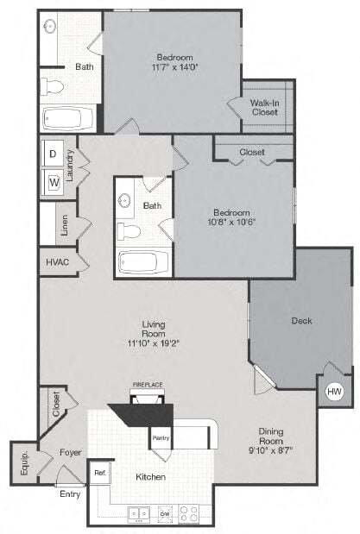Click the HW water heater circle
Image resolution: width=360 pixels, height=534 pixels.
333,392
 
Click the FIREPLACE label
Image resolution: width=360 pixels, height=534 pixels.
147,385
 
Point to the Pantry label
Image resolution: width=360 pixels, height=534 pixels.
160,438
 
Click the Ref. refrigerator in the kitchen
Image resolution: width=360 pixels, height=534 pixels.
100,473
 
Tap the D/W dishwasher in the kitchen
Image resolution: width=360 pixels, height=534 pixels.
165,514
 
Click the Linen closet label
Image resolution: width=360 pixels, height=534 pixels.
64,225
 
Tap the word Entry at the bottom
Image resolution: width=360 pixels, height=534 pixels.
68,494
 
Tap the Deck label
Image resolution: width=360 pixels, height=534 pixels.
301,321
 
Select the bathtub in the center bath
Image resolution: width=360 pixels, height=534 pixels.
146,261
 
